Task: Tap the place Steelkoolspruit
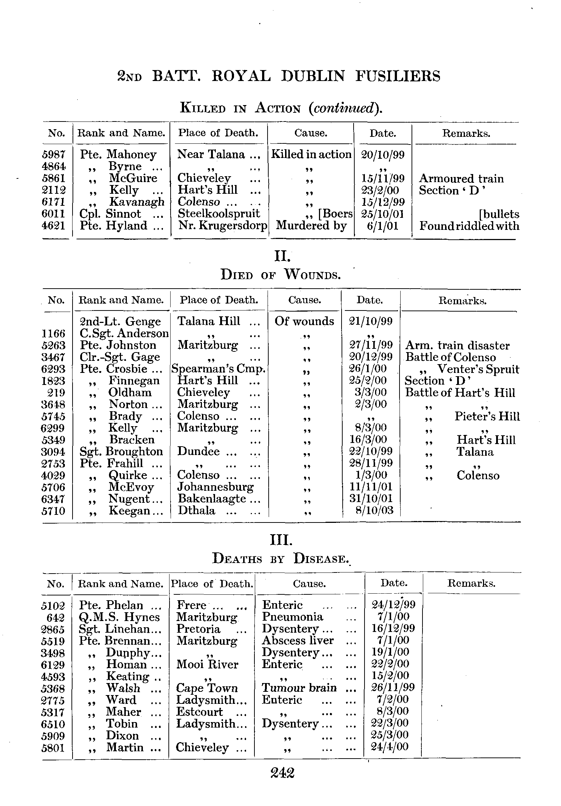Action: click(219, 214)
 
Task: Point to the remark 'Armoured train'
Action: click(461, 178)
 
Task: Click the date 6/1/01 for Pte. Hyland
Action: click(382, 226)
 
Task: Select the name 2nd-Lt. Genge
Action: click(120, 321)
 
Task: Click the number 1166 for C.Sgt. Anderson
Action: click(54, 333)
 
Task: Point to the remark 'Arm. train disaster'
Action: click(457, 345)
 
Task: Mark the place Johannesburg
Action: click(215, 487)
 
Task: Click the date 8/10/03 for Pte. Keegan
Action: click(375, 510)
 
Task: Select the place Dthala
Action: click(196, 510)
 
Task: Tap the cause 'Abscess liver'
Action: click(297, 641)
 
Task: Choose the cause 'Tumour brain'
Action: click(299, 688)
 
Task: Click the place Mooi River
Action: click(207, 664)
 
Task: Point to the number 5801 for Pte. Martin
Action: click(54, 748)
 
